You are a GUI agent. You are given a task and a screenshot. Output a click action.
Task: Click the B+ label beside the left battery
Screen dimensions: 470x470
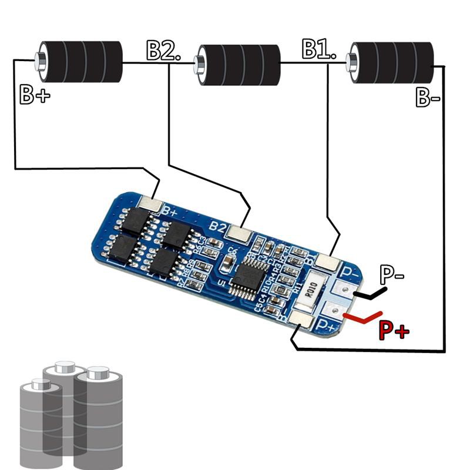(x=35, y=95)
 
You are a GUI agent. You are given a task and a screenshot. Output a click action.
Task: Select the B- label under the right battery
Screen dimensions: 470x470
(x=428, y=97)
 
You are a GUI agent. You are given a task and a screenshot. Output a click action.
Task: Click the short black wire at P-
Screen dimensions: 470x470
(x=370, y=292)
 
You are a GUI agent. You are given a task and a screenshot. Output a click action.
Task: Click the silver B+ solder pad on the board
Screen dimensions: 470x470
(x=152, y=204)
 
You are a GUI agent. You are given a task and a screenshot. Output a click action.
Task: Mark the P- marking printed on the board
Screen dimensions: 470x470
(x=350, y=272)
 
